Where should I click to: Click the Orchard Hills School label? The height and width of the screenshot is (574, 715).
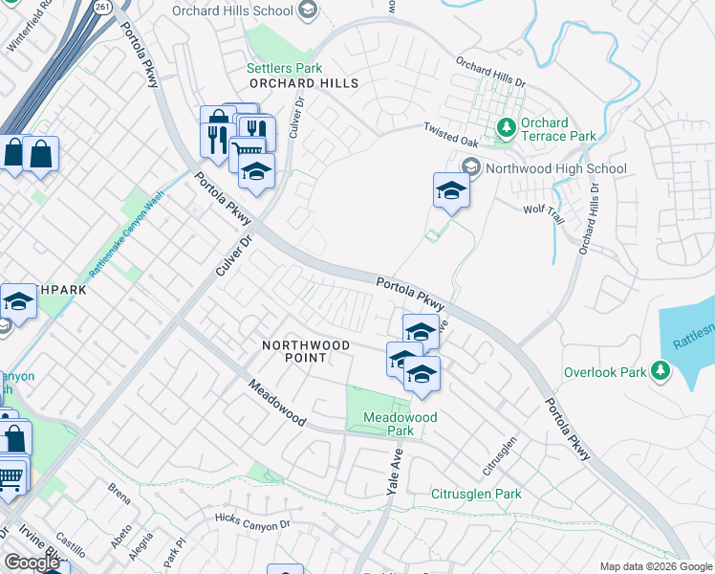(232, 11)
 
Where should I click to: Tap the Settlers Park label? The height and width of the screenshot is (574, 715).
(284, 69)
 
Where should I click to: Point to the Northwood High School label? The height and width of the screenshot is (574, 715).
(555, 168)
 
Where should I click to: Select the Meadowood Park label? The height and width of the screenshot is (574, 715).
(401, 424)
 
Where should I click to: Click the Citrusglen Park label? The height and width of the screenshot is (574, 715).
(476, 494)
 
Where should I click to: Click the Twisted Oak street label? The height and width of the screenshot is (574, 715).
(451, 135)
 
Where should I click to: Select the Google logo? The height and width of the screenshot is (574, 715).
(32, 563)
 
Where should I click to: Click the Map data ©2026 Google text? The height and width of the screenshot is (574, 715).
(655, 566)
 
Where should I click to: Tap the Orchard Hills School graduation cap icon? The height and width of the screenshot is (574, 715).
(308, 11)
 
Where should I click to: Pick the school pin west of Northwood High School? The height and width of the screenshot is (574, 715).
(451, 190)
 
